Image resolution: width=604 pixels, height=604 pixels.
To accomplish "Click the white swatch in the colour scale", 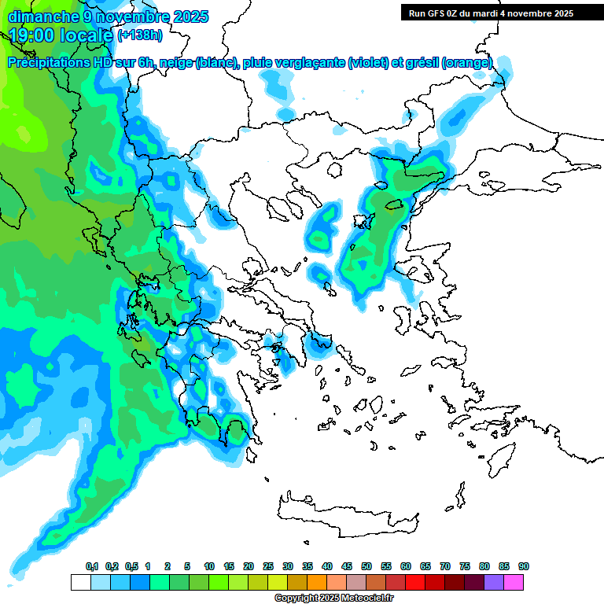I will (x=80, y=582).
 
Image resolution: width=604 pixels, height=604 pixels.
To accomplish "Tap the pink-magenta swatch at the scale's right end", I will (x=514, y=582).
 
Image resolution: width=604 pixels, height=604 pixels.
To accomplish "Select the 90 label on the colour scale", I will (x=524, y=567).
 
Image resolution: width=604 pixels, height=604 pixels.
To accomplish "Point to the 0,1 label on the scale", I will (x=92, y=567).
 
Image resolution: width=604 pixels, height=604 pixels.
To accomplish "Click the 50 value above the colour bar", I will (x=366, y=567).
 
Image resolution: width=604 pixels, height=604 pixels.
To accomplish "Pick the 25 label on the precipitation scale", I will (x=268, y=567).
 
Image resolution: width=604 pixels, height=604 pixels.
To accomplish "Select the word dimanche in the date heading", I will (x=39, y=16).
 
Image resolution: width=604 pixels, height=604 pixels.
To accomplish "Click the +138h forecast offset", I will (x=140, y=35).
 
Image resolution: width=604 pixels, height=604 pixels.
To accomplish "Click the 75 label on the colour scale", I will (x=465, y=567).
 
